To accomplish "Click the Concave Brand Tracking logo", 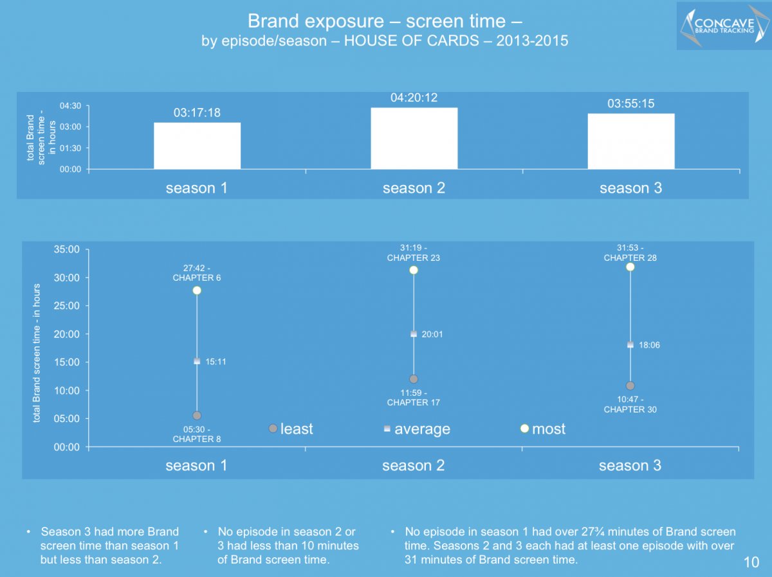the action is (724, 26).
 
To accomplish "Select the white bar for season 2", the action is (414, 138).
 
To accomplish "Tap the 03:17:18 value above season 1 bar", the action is (197, 112).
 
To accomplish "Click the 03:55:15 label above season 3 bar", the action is (631, 103).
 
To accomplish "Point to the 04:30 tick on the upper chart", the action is (70, 106).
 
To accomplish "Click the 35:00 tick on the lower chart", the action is (66, 249).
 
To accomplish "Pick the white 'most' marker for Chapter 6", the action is (197, 290).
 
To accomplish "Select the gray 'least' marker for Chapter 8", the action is (197, 416).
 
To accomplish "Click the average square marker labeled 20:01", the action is (414, 334).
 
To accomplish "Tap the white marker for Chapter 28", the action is (630, 267).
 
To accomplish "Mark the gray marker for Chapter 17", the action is (414, 379).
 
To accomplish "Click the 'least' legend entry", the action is (291, 429).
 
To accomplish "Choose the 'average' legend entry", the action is (417, 429).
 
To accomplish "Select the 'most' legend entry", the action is (543, 429).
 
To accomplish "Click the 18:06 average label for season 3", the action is (649, 345).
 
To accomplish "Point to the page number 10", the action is (751, 562).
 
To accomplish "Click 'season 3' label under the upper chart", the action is (631, 188).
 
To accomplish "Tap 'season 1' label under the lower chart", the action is (196, 466).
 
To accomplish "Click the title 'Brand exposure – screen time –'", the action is (385, 21).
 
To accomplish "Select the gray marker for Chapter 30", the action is (630, 386).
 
